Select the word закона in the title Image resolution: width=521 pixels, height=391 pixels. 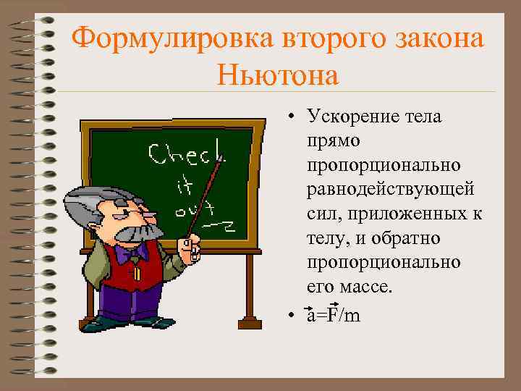click(441, 37)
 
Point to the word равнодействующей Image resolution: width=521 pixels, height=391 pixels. click(390, 190)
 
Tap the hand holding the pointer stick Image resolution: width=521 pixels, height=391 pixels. click(191, 247)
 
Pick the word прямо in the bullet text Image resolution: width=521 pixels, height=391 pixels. click(329, 141)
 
